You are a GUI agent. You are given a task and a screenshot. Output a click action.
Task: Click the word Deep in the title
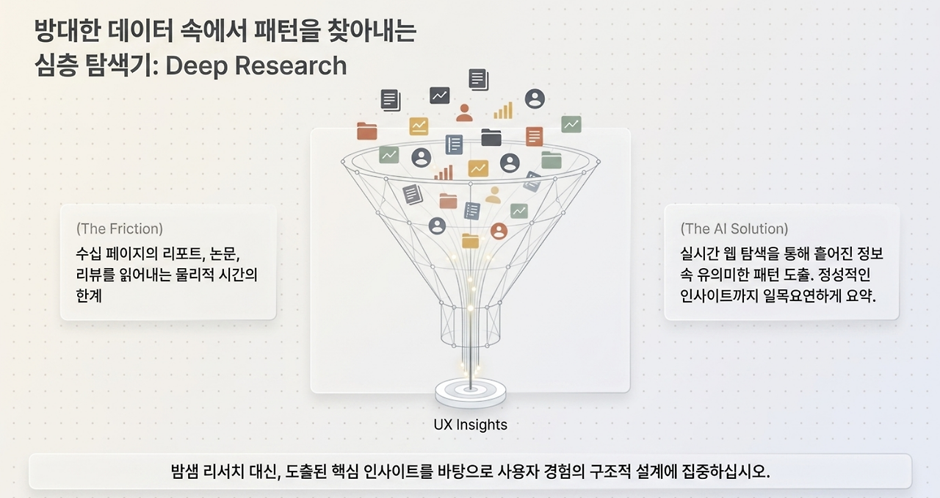196,66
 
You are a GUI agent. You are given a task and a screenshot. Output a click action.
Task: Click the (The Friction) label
120,228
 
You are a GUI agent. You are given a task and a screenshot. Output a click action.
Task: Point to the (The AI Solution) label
734,228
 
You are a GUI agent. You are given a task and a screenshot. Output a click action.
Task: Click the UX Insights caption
471,425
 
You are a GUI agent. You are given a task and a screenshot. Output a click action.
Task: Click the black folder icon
491,137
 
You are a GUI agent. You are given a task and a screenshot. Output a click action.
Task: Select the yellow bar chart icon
503,110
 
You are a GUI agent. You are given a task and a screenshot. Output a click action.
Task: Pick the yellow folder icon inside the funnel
470,241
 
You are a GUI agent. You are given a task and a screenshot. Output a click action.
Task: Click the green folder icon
552,159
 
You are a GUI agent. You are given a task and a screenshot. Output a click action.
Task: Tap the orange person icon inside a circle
499,231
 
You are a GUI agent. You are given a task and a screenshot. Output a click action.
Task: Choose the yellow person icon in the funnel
493,195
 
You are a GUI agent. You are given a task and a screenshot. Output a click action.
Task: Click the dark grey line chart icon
439,95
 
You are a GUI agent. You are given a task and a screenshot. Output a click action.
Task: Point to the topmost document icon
478,79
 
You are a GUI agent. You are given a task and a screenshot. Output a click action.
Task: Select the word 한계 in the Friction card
89,295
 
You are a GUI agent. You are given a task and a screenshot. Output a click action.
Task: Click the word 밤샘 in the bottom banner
184,471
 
